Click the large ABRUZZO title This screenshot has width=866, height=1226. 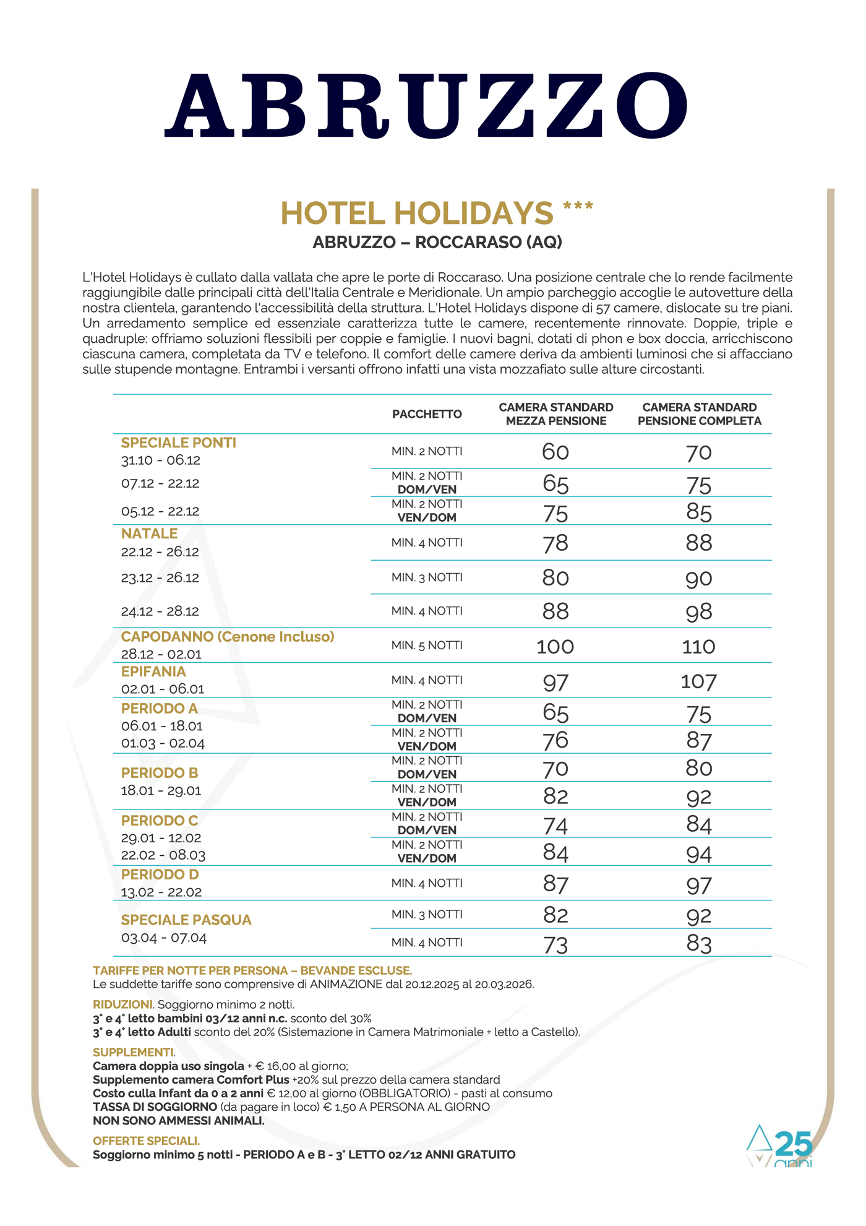tap(426, 106)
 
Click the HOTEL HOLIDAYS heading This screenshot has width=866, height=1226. tap(417, 214)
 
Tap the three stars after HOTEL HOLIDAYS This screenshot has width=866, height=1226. tap(578, 207)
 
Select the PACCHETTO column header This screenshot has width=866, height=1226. tap(427, 414)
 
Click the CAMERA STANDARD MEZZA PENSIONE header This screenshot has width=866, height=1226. tap(556, 414)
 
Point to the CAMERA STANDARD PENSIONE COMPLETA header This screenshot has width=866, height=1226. tap(699, 414)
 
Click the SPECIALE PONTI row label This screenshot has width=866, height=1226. tap(179, 442)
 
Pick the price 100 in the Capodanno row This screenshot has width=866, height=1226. tap(555, 647)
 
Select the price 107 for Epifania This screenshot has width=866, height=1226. tap(698, 682)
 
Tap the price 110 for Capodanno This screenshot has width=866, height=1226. tap(698, 647)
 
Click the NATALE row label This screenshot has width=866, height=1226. tap(149, 533)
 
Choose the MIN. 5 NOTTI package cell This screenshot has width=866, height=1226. tap(427, 645)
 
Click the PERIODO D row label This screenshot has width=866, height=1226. tap(160, 874)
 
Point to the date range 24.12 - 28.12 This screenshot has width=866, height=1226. tap(160, 611)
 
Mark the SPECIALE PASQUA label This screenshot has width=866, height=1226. tap(186, 920)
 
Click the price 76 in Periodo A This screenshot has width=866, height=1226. tap(555, 741)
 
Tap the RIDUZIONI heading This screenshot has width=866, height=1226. tap(122, 1004)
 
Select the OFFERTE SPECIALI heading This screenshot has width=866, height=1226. tap(146, 1141)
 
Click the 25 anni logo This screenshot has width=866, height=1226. tap(781, 1146)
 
